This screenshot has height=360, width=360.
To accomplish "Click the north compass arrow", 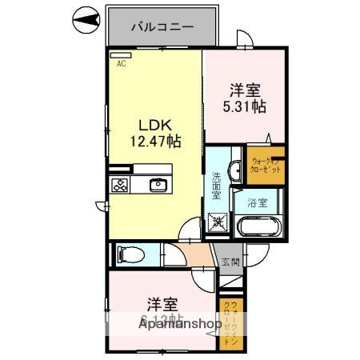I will tap(86, 19).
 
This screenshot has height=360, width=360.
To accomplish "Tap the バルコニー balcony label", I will tap(162, 26).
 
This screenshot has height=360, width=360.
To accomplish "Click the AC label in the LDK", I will tap(122, 63).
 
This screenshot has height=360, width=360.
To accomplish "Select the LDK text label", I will tap(155, 125).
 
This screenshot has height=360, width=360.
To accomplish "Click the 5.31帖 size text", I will tap(246, 106).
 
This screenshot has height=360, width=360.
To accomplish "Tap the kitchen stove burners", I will tap(120, 185).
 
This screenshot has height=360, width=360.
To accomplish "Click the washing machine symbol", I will tap(218, 222).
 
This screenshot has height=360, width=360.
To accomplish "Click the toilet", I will tap(129, 255).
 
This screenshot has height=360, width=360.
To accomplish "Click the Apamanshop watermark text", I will tap(180, 325).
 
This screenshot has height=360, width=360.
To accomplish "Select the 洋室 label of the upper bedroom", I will tap(246, 90).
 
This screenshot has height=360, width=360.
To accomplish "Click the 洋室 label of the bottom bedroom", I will tap(162, 305).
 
